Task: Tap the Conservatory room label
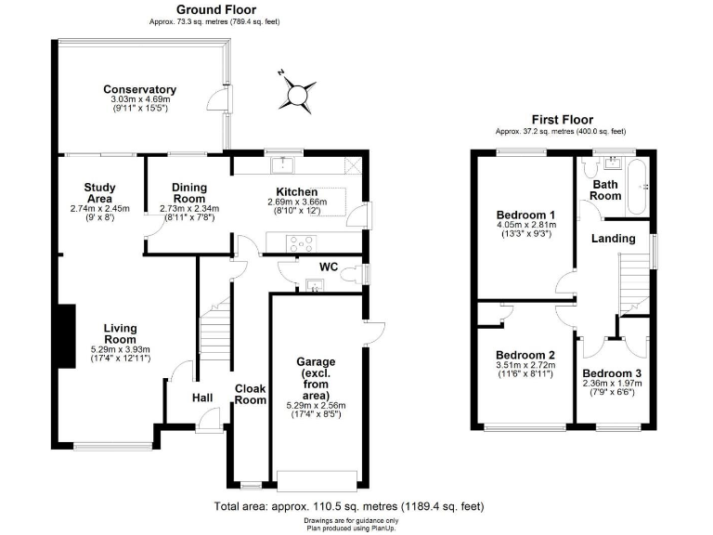click(x=139, y=89)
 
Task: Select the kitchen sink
click(x=282, y=164)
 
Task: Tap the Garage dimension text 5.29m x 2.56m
click(x=316, y=405)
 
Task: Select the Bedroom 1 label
click(x=526, y=215)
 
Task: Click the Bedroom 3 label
click(x=612, y=373)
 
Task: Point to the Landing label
click(x=614, y=239)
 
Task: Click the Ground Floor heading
click(x=216, y=9)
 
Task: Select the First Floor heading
click(x=563, y=120)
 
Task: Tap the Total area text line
click(x=349, y=506)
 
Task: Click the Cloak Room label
click(x=250, y=395)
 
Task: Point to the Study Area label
click(x=100, y=193)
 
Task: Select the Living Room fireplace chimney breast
click(x=67, y=336)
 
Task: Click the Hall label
click(x=202, y=398)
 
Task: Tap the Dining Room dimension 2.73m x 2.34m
click(x=189, y=209)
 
